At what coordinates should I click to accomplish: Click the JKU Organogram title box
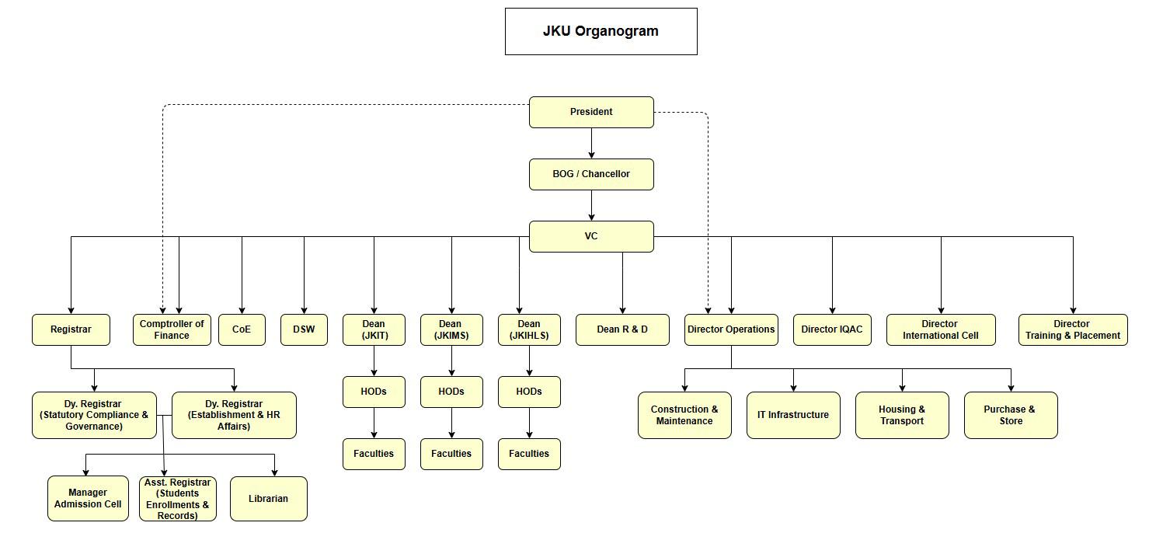pos(601,31)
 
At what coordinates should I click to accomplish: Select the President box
pos(591,112)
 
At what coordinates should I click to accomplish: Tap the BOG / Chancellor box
pos(591,174)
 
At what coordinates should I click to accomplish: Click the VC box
pos(591,236)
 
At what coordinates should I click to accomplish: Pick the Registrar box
pos(71,329)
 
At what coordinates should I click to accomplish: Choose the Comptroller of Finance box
pos(172,329)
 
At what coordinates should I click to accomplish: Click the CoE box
pos(242,329)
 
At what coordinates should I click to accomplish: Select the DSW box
pos(304,329)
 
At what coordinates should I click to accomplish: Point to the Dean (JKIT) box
pos(374,329)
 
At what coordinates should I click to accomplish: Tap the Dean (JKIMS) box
pos(451,329)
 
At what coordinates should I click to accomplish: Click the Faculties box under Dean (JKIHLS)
pos(529,454)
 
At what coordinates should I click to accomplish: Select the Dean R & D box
pos(622,329)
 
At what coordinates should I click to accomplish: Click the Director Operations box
pos(731,329)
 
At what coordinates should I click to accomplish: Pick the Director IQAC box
pos(832,329)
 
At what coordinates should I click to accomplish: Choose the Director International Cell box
pos(941,329)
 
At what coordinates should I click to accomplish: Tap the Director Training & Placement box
pos(1073,329)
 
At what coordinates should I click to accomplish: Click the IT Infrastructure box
pos(793,415)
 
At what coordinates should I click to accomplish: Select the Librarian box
pos(269,499)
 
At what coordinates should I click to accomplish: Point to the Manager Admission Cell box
pos(88,498)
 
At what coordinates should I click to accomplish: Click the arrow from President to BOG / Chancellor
pos(591,144)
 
